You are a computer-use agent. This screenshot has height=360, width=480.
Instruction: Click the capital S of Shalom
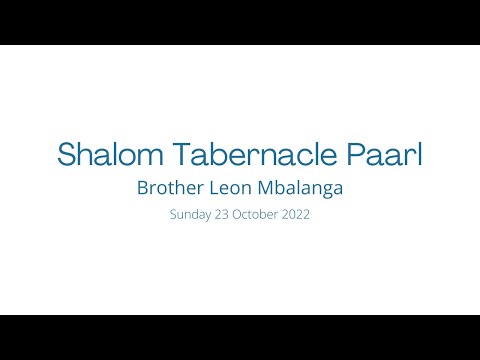(67, 154)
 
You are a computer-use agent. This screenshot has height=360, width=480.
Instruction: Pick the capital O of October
(239, 213)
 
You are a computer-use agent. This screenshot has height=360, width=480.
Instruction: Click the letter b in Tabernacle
(218, 154)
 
